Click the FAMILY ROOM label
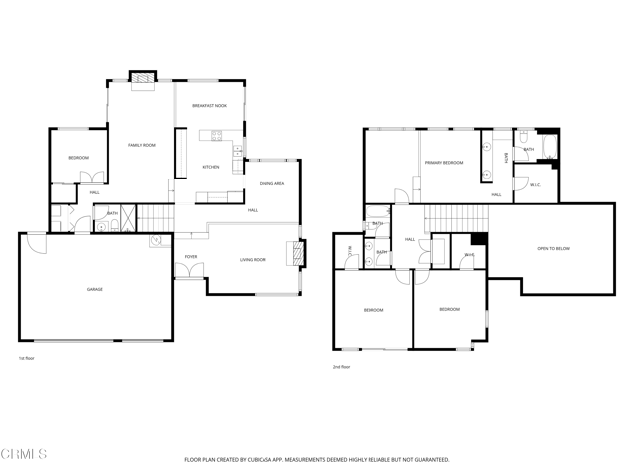click(x=142, y=146)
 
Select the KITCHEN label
click(x=211, y=167)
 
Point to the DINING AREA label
click(x=272, y=184)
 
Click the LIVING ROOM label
click(x=253, y=260)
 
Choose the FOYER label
click(x=191, y=257)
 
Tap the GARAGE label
click(x=94, y=289)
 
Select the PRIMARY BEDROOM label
click(x=444, y=162)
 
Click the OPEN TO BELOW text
click(x=553, y=247)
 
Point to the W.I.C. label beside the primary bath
click(x=535, y=184)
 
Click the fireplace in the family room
click(x=145, y=76)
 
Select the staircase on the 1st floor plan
click(x=155, y=215)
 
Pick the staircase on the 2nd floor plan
click(x=455, y=214)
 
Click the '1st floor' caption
click(x=27, y=358)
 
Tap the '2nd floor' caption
click(x=342, y=367)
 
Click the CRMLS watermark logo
click(x=25, y=455)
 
